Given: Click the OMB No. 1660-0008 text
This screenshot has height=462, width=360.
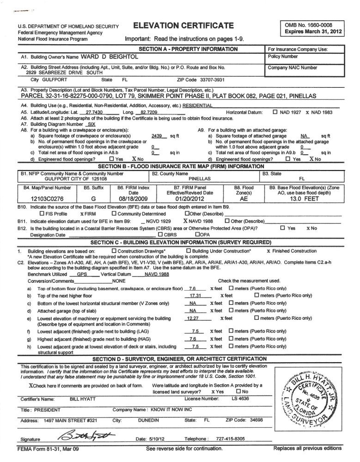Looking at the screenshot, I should [x=308, y=24].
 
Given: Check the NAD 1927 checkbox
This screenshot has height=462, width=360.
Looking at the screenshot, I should [x=275, y=112].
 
